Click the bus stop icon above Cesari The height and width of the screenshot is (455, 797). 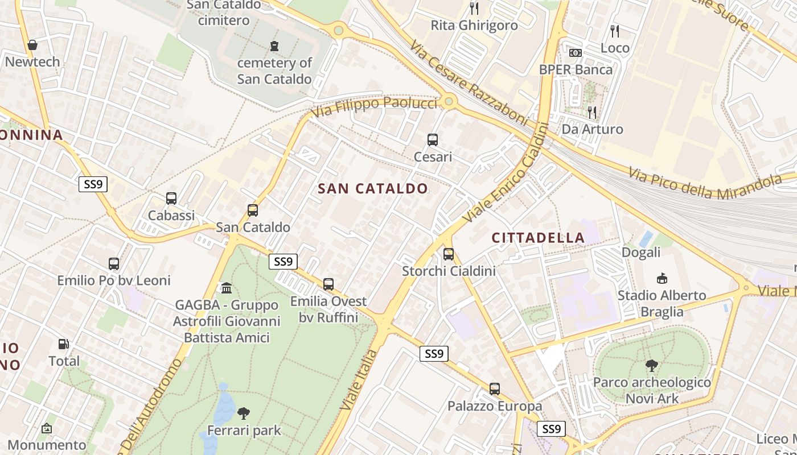click(x=433, y=140)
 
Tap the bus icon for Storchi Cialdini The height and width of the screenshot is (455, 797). click(x=449, y=254)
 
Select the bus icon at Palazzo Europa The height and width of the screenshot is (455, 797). click(x=495, y=389)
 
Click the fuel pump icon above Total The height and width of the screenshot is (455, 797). click(x=64, y=344)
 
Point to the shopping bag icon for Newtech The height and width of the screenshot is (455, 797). click(x=32, y=45)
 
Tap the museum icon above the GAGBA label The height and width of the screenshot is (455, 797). click(x=227, y=288)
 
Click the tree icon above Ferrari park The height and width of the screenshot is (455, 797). click(x=244, y=413)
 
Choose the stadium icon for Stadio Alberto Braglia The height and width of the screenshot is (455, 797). click(x=662, y=279)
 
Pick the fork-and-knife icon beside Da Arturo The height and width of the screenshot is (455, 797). click(x=592, y=112)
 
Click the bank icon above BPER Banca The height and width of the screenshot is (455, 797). click(x=576, y=53)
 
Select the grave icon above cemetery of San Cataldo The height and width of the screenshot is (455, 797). click(x=274, y=46)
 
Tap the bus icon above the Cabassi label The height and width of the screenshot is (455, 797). click(x=171, y=198)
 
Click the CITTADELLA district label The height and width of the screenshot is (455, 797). click(x=538, y=238)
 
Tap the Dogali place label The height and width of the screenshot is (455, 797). click(x=641, y=252)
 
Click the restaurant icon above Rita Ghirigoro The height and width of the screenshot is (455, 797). click(x=474, y=9)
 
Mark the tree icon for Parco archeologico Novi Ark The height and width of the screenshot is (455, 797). click(x=652, y=366)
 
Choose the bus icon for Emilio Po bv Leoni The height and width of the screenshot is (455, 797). click(x=114, y=264)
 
